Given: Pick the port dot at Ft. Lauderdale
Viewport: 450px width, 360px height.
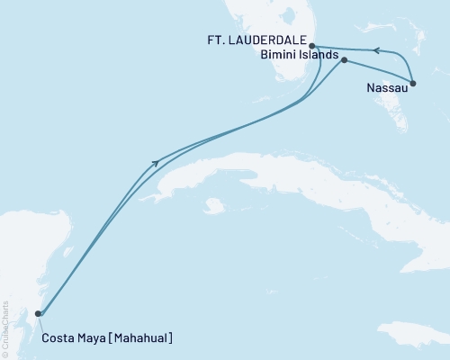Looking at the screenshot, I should (311, 45).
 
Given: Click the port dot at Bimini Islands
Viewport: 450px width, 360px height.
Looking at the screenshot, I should (344, 60).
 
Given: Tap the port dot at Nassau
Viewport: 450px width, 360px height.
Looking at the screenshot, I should (413, 84).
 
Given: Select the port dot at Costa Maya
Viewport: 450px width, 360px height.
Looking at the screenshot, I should (38, 314).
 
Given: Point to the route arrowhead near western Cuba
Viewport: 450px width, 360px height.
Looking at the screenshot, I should (157, 163).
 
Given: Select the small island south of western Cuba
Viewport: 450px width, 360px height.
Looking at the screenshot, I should (213, 206).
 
